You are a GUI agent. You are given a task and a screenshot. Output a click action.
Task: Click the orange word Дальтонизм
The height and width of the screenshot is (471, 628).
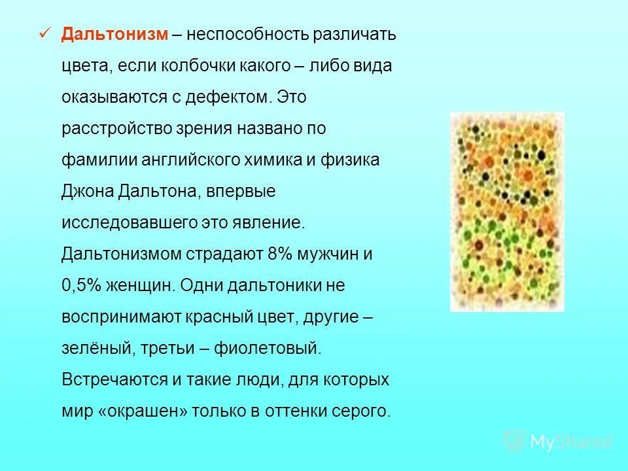click(114, 35)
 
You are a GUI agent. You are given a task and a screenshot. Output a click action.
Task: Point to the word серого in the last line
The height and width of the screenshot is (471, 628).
click(363, 411)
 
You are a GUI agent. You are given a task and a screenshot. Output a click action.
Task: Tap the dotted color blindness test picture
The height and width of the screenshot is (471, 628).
click(506, 211)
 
